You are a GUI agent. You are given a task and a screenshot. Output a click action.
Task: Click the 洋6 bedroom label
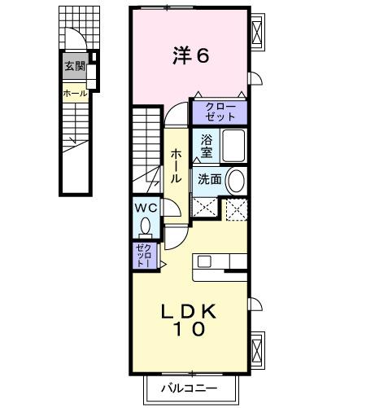tap(191, 56)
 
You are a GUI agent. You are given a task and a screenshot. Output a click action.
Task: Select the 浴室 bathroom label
tap(207, 146)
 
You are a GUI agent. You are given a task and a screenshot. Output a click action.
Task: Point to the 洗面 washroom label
tap(209, 179)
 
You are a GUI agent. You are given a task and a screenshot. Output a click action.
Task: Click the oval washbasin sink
tap(237, 179)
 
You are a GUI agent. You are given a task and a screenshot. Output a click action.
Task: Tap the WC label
tap(146, 208)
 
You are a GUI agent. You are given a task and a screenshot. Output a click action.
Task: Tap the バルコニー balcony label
tap(188, 388)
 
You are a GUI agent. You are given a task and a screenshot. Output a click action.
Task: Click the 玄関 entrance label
tap(75, 65)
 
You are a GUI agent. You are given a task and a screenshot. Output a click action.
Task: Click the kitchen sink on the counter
tap(203, 261)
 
